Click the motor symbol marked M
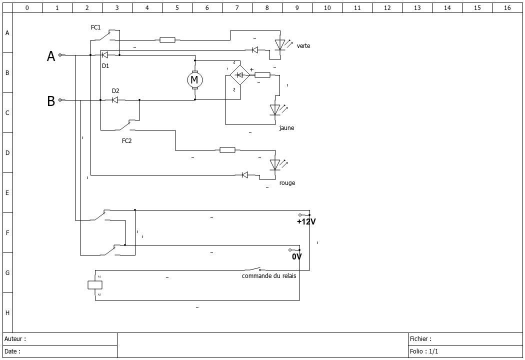pos(194,80)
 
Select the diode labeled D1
pos(105,55)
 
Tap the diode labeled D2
pos(115,100)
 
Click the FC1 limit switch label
pos(96,27)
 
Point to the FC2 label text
pos(127,141)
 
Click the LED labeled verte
pos(280,45)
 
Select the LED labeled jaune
pos(275,109)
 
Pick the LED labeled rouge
pos(275,165)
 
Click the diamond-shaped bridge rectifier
pos(239,75)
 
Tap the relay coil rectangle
pos(95,285)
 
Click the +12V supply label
pos(306,221)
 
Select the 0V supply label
pos(296,257)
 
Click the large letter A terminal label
pos(51,56)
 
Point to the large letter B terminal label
pos(51,101)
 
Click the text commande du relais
pos(269,276)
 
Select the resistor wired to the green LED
pos(167,40)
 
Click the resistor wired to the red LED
pos(227,150)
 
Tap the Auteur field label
pos(15,339)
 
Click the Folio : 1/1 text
pos(424,351)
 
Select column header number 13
pos(417,7)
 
